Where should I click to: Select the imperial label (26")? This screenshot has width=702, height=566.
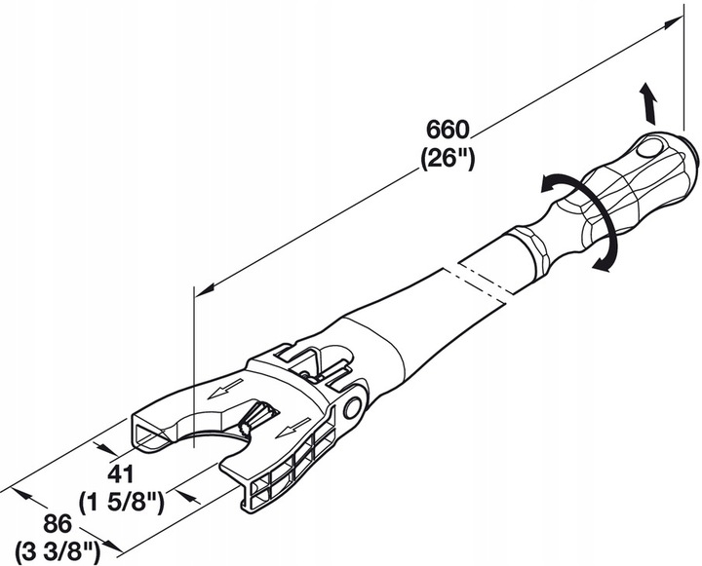[448, 157]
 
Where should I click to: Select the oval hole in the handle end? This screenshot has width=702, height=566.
[648, 149]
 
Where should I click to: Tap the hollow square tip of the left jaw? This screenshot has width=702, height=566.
[146, 434]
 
